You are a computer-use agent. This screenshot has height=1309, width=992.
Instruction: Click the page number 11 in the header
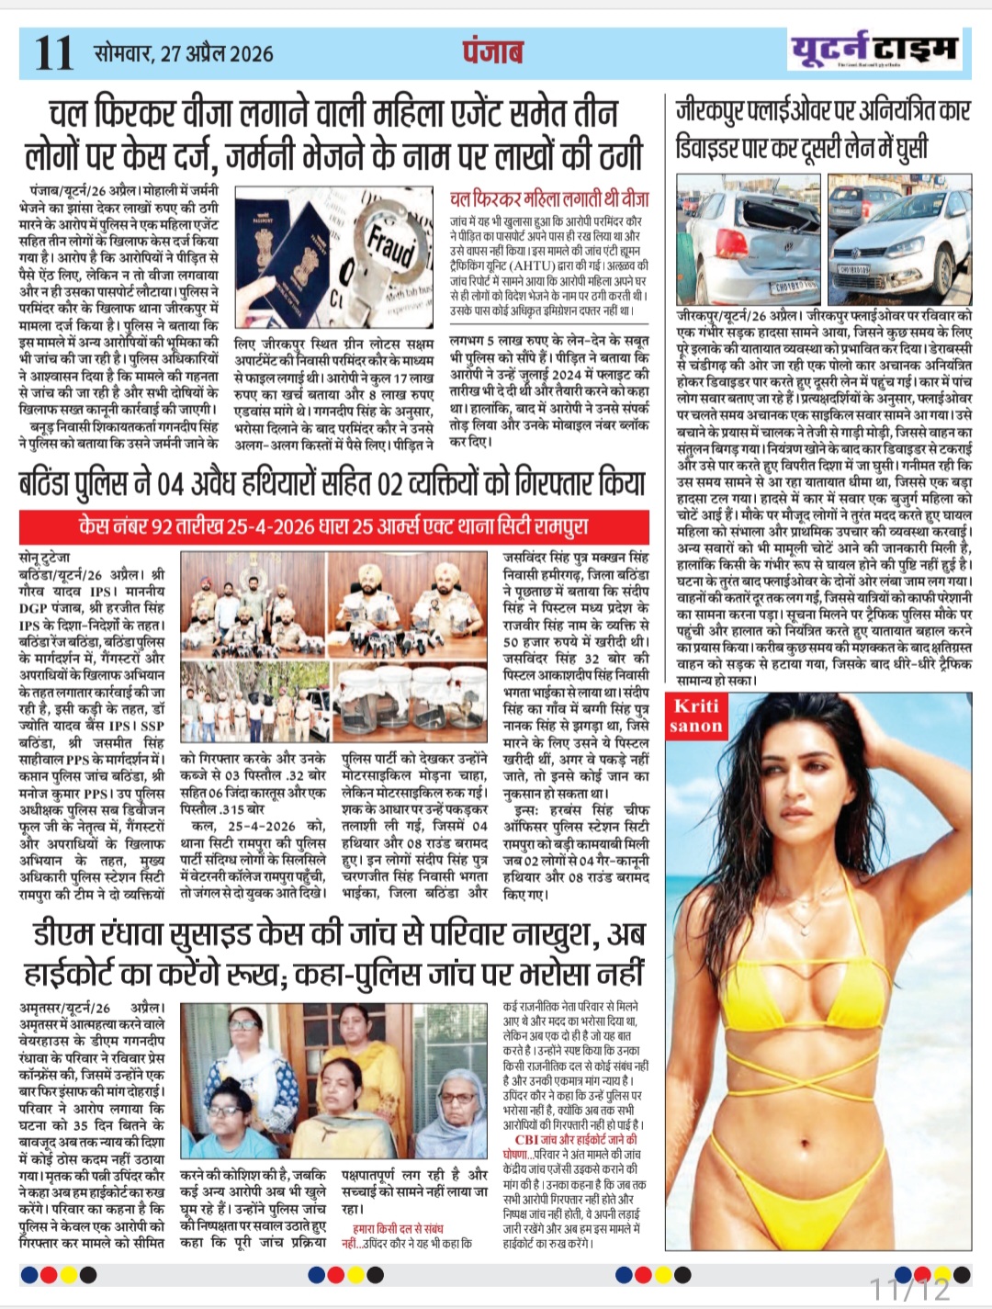coord(53,52)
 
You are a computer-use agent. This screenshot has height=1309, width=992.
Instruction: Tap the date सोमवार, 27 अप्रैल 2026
coord(184,53)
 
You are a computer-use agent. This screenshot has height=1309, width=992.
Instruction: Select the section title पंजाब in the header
coord(493,51)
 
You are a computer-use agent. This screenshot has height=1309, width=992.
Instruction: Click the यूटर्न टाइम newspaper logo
coord(874,50)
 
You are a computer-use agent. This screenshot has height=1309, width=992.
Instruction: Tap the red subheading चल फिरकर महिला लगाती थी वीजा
coord(549,198)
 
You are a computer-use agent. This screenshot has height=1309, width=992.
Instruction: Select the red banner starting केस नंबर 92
coord(333,526)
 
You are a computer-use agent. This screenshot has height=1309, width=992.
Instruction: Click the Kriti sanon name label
coord(696,717)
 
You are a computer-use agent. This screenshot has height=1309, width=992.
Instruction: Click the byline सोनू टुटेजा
coord(44,558)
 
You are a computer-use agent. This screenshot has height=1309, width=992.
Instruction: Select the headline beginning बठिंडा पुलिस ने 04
coord(332,482)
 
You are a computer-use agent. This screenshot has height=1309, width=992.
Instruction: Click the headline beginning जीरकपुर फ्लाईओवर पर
coord(823,130)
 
